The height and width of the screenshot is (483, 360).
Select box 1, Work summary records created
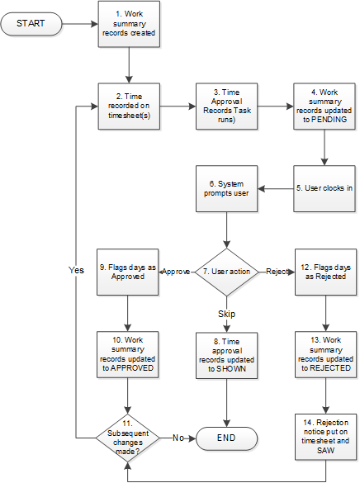coord(129,25)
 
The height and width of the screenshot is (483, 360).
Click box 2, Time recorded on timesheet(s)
coord(129,107)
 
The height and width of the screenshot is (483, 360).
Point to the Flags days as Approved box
coord(129,271)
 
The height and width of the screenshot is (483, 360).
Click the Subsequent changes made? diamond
coord(129,436)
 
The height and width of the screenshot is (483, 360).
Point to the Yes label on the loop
coord(77,270)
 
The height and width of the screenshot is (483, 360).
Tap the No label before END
coord(177,436)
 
